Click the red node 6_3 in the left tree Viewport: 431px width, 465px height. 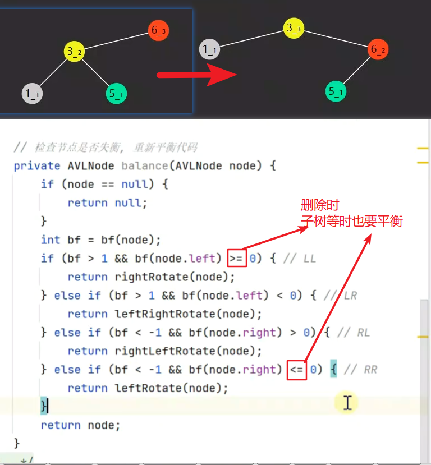tap(159, 30)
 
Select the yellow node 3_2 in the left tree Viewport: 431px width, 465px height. tap(75, 52)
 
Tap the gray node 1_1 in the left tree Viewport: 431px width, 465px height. tap(33, 94)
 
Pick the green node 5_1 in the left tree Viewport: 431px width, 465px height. tap(116, 94)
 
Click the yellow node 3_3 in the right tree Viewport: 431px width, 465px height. tap(294, 28)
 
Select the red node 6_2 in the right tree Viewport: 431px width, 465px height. tap(378, 50)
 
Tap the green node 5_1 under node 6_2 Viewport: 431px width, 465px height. tap(336, 91)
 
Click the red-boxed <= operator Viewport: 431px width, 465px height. tap(297, 370)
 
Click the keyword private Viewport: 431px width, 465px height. tap(37, 166)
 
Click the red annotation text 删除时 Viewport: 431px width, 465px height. tap(320, 205)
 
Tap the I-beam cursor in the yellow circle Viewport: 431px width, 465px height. tap(347, 402)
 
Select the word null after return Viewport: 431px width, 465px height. tap(130, 203)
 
